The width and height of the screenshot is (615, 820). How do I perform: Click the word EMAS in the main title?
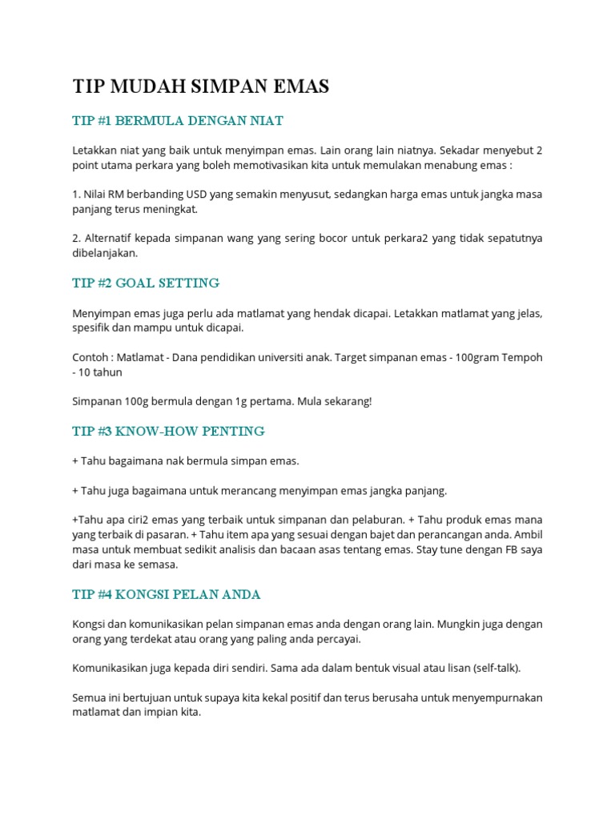(x=298, y=86)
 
